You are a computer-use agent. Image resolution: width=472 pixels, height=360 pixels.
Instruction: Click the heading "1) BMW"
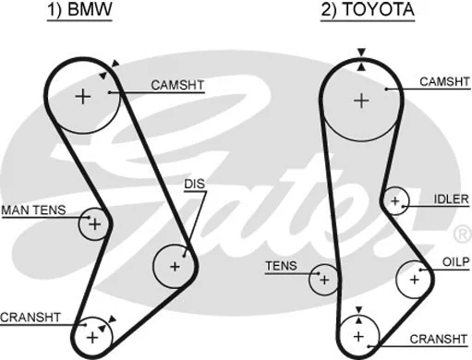point(80,11)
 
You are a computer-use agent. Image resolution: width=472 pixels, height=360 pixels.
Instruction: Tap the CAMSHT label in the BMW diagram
point(177,86)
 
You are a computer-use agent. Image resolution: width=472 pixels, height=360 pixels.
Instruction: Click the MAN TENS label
point(33,210)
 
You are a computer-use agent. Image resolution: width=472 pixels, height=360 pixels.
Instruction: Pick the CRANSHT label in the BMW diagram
point(30,317)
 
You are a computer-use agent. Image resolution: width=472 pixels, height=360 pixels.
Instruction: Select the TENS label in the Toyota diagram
point(281,266)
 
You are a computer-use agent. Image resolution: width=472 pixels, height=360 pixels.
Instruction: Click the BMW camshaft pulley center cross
point(83,95)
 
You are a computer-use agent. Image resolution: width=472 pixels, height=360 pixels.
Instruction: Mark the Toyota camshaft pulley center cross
point(361,99)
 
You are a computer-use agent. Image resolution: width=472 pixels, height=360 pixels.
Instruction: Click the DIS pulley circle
point(175,266)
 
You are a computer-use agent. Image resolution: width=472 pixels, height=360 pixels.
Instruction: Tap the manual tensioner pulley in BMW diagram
point(93,222)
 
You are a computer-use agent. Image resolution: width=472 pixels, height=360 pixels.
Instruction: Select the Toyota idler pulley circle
point(395,200)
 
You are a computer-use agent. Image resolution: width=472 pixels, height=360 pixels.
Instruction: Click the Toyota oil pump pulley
point(414,277)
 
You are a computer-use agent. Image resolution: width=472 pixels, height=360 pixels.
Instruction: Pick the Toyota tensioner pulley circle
point(323,278)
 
